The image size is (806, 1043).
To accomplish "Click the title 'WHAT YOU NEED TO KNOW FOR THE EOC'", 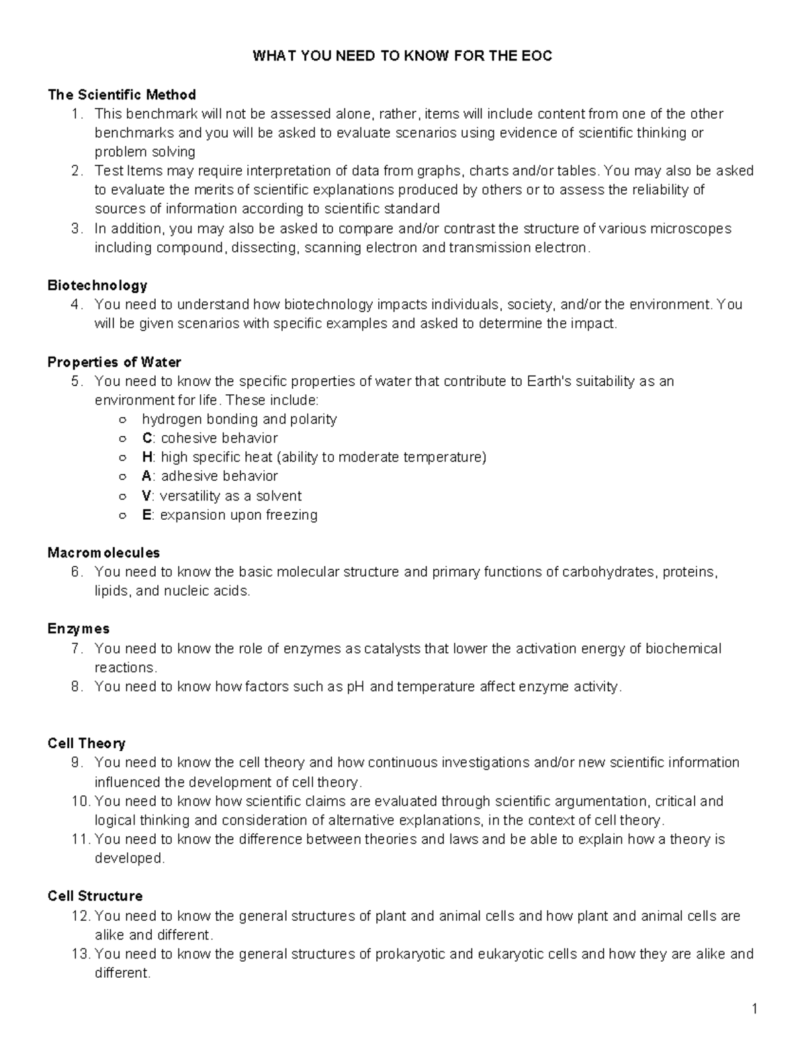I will pyautogui.click(x=402, y=56).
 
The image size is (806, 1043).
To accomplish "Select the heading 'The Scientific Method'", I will pyautogui.click(x=122, y=95).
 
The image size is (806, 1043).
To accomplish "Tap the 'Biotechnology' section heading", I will pyautogui.click(x=97, y=285).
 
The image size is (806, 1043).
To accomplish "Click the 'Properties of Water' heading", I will pyautogui.click(x=114, y=362).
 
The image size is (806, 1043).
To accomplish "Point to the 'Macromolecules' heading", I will pyautogui.click(x=103, y=553).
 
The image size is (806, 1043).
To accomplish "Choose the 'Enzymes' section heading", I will pyautogui.click(x=79, y=629).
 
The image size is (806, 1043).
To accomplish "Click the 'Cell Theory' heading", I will pyautogui.click(x=87, y=743).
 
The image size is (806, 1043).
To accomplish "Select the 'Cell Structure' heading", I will pyautogui.click(x=95, y=896).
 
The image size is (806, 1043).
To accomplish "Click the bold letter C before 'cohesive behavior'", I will pyautogui.click(x=147, y=439).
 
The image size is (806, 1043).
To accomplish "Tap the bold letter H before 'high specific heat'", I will pyautogui.click(x=147, y=457).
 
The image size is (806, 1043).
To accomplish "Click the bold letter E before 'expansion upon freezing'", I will pyautogui.click(x=146, y=515).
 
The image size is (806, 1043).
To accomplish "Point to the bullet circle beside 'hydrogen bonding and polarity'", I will pyautogui.click(x=122, y=420).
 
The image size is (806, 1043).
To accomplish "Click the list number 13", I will pyautogui.click(x=81, y=954).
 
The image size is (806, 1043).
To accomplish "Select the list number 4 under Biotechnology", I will pyautogui.click(x=77, y=305).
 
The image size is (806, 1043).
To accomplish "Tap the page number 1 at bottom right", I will pyautogui.click(x=754, y=1009).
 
